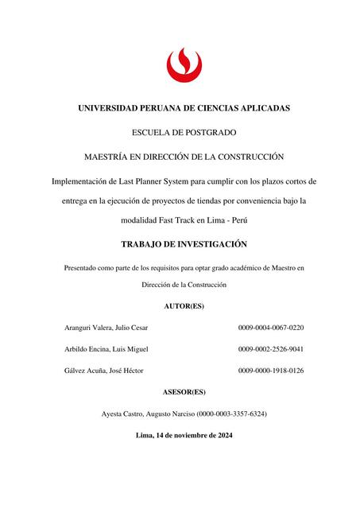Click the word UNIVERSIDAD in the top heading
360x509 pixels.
pos(114,107)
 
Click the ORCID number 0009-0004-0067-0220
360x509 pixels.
pos(271,328)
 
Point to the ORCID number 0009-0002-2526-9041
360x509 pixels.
pos(271,349)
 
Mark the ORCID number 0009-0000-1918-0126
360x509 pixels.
pos(271,371)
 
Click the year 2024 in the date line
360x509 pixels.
pos(223,436)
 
